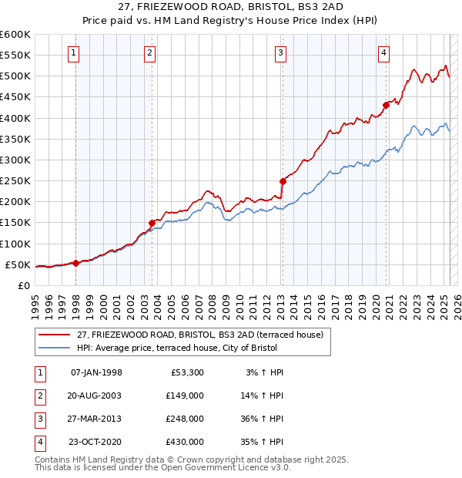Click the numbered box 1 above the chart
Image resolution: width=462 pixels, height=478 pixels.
[73, 53]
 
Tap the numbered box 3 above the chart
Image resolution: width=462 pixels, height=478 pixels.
[281, 53]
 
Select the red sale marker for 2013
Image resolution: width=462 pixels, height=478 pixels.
[283, 182]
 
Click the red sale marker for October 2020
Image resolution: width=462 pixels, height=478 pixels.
[386, 106]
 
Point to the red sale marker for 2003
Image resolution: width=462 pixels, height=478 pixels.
[152, 224]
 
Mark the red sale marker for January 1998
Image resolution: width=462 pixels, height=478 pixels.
[76, 263]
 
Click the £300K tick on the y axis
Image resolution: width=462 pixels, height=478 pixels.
[15, 160]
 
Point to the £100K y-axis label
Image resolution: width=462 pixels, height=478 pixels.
[15, 244]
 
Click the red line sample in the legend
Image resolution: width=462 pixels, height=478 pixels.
[54, 335]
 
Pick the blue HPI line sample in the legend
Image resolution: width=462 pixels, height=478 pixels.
[54, 348]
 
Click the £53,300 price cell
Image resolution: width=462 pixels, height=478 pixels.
[186, 372]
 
